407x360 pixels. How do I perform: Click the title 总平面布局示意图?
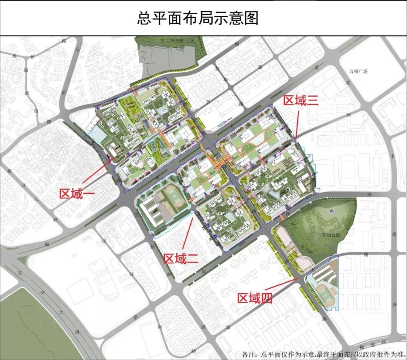coord(197,18)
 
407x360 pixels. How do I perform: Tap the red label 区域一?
coord(77,193)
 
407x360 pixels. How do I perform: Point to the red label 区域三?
coord(301,100)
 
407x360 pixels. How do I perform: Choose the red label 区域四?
coord(255,299)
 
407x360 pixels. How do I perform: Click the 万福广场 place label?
coord(358,71)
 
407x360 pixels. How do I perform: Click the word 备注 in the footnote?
coord(250,354)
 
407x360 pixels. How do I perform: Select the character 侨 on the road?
coord(33,57)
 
